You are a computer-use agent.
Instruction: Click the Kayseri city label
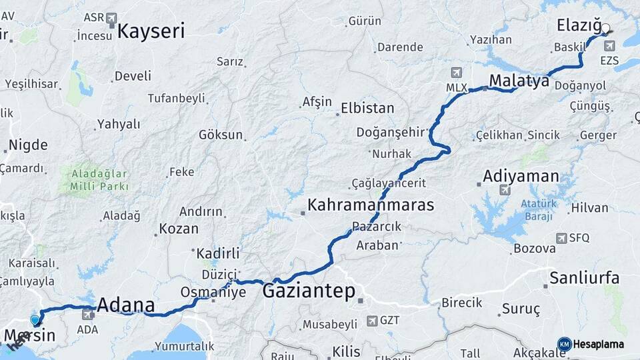click(x=151, y=31)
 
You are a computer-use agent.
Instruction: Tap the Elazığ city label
click(x=577, y=25)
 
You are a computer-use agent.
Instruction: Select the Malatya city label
click(x=519, y=81)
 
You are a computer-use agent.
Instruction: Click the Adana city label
click(x=126, y=306)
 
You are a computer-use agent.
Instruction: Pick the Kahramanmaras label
click(x=371, y=205)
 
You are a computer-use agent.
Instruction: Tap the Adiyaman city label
click(x=521, y=177)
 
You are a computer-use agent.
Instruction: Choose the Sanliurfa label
click(x=584, y=277)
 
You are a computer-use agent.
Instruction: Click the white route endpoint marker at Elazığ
click(x=606, y=29)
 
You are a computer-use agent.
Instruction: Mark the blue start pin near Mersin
click(x=35, y=320)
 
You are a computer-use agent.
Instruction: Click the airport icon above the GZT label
click(x=371, y=321)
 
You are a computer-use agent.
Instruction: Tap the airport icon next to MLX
click(x=456, y=72)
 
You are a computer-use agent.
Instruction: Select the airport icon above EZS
click(x=609, y=46)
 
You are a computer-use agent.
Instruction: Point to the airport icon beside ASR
click(x=110, y=18)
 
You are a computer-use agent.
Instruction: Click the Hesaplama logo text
click(x=599, y=345)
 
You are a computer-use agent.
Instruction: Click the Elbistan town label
click(x=367, y=108)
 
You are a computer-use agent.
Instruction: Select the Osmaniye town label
click(x=213, y=292)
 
